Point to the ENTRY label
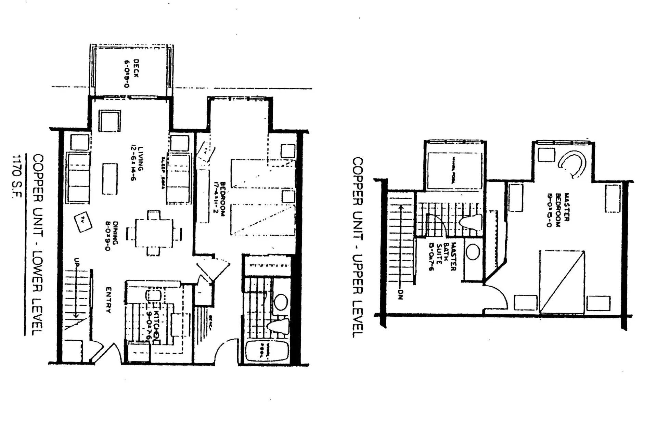coord(108,300)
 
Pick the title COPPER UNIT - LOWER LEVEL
coord(38,245)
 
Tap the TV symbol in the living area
coord(83,222)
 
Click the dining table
coord(154,233)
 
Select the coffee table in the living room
coord(110,179)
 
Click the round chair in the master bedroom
coord(572,164)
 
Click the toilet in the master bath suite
coord(471,222)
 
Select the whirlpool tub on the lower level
coord(267,350)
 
